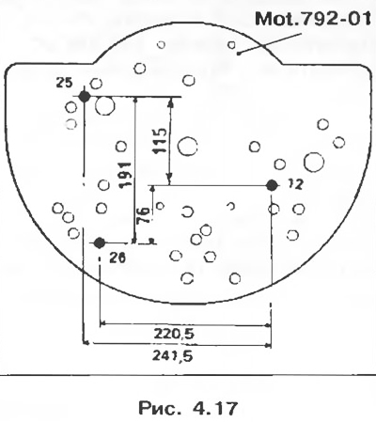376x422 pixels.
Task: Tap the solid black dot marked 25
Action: pos(84,96)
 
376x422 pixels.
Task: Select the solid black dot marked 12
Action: pos(272,186)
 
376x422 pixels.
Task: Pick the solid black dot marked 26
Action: pos(100,242)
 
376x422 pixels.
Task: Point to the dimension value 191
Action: pos(125,174)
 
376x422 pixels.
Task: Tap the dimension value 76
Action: pos(144,215)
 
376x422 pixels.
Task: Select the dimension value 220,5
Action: pos(174,334)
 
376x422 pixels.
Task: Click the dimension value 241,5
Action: pos(173,355)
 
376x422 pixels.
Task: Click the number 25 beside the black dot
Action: pos(64,83)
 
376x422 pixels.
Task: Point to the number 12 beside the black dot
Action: pos(295,185)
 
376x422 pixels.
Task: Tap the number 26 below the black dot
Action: pos(117,258)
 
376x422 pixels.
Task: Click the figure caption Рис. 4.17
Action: pos(188,408)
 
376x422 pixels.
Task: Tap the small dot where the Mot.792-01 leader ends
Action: pos(239,54)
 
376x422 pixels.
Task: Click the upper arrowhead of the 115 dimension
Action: pos(170,102)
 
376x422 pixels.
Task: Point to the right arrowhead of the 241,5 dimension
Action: pos(268,346)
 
